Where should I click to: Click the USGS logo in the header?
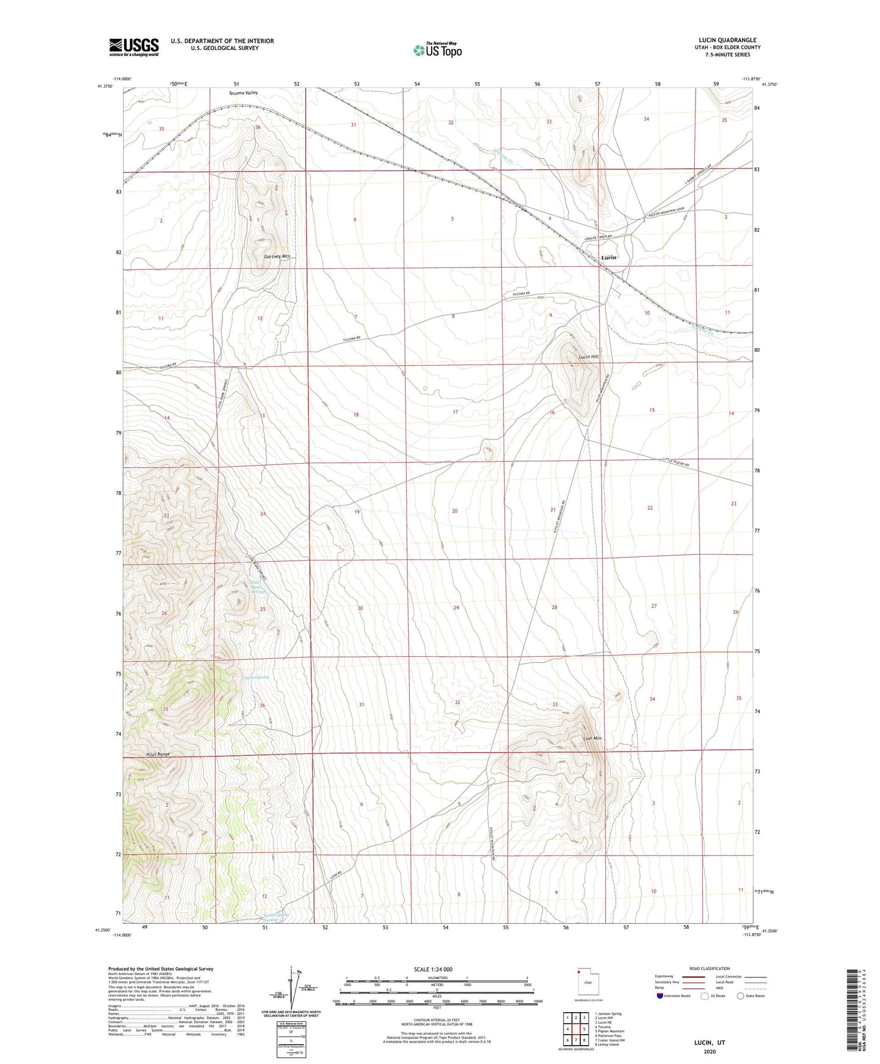[133, 47]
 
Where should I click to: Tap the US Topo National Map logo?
[437, 50]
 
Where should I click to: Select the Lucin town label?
[608, 258]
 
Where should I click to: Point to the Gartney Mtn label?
[277, 257]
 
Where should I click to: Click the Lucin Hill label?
[588, 357]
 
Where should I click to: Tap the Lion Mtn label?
[592, 739]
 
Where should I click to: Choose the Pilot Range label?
[158, 754]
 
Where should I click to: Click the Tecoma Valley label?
[244, 93]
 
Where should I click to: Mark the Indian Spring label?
[256, 677]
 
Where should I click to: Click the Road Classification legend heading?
[709, 969]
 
